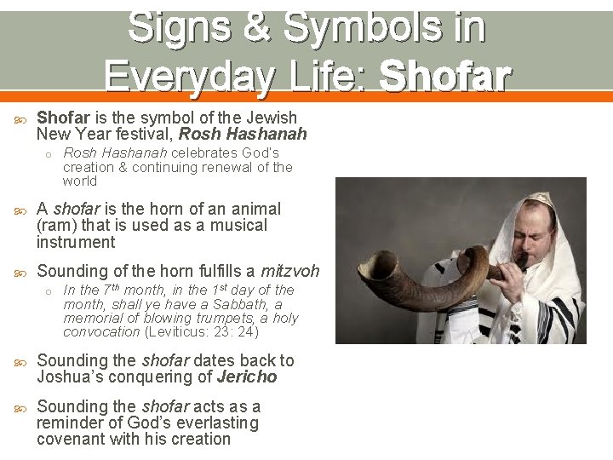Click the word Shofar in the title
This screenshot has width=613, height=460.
click(444, 76)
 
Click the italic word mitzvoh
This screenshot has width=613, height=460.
click(289, 272)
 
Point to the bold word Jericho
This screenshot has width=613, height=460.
click(247, 377)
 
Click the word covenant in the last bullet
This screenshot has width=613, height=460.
click(72, 440)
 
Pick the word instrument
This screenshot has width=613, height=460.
click(75, 242)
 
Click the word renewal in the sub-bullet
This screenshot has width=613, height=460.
click(237, 167)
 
